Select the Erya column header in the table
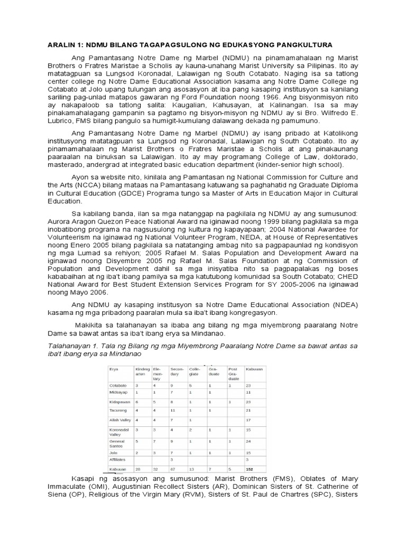pos(115,369)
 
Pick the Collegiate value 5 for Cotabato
pos(191,386)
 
